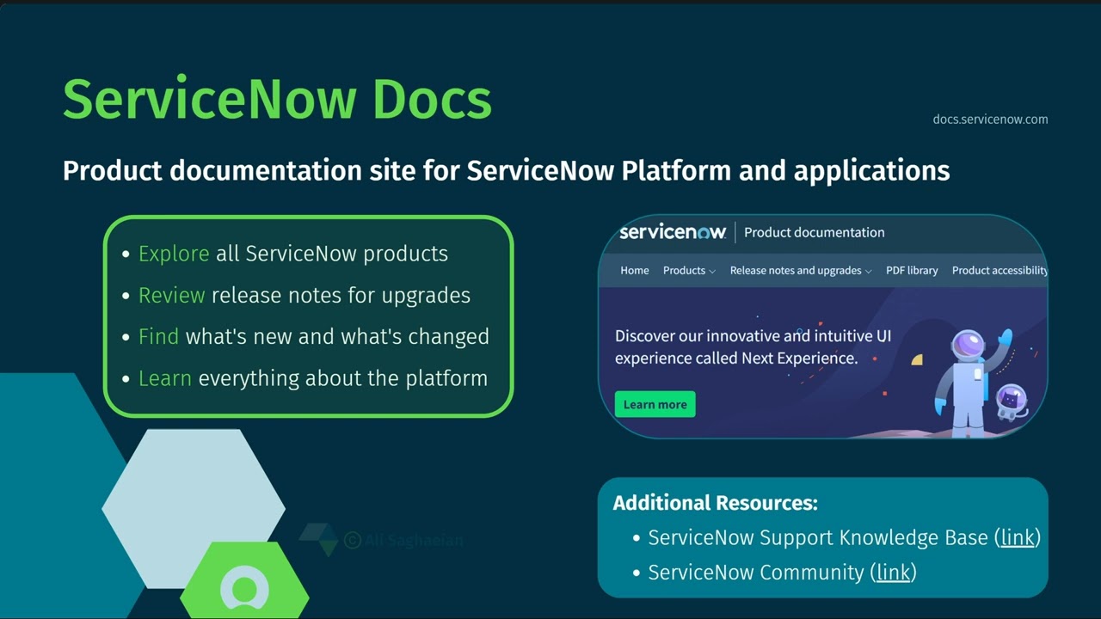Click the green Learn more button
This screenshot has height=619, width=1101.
coord(655,404)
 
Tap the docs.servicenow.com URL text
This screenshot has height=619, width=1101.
coord(990,120)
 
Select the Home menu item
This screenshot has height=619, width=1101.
coord(635,270)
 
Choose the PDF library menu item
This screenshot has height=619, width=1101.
coord(912,270)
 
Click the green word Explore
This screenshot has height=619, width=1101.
coord(174,254)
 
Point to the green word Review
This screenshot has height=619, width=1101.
coord(171,295)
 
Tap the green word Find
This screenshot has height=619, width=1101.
coord(158,336)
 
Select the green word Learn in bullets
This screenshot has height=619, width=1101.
coord(164,378)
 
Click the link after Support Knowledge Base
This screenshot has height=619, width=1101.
coord(1018,537)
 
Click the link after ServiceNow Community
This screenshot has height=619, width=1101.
coord(893,572)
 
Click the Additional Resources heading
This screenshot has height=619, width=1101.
coord(715,503)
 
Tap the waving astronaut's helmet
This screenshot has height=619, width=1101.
coord(968,346)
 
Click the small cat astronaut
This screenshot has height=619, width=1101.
coord(1011,402)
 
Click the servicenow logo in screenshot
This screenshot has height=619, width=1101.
coord(673,232)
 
